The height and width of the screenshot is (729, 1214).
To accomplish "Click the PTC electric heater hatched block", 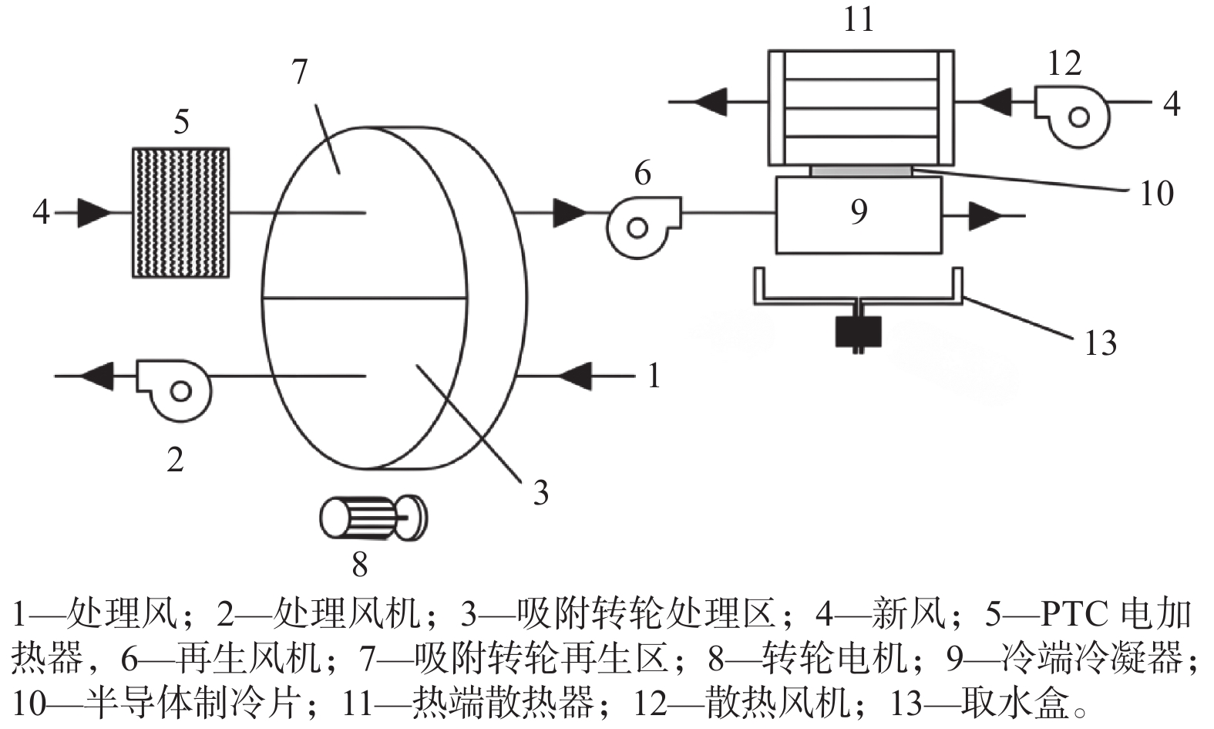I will click(x=181, y=212).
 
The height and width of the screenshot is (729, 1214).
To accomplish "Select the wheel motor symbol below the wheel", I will click(x=373, y=518).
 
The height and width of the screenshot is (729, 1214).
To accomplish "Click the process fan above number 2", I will click(x=174, y=387).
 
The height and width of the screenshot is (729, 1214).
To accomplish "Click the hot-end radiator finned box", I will click(x=861, y=107).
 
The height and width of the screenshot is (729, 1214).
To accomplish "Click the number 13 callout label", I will click(x=1100, y=343).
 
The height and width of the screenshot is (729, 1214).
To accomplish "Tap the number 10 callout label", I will click(x=1156, y=193).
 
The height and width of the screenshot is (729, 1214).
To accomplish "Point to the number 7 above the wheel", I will click(x=300, y=72).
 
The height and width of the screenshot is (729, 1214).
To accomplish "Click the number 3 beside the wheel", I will click(x=541, y=492).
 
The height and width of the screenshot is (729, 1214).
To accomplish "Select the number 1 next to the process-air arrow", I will click(x=654, y=376).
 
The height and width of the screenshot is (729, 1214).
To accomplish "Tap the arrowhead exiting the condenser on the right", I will click(x=984, y=216).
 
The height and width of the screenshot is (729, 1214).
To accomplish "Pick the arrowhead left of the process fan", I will click(x=96, y=376).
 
